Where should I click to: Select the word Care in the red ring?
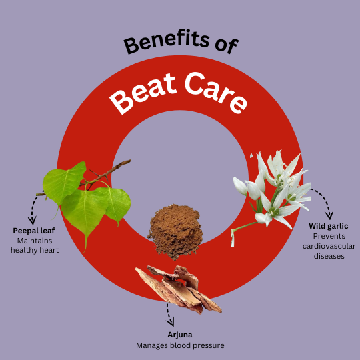pyautogui.click(x=217, y=92)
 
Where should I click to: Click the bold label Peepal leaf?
pyautogui.click(x=34, y=231)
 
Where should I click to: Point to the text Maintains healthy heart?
pyautogui.click(x=35, y=245)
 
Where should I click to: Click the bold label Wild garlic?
pyautogui.click(x=329, y=226)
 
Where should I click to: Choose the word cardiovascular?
pyautogui.click(x=329, y=246)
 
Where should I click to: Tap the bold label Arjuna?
pyautogui.click(x=180, y=335)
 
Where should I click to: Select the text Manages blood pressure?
pyautogui.click(x=180, y=345)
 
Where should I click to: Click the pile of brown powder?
pyautogui.click(x=175, y=231)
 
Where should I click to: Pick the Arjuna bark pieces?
pyautogui.click(x=179, y=289)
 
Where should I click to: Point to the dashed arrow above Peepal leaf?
pyautogui.click(x=33, y=208)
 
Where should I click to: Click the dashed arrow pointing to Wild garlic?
pyautogui.click(x=325, y=199)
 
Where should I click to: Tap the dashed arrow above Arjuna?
pyautogui.click(x=169, y=314)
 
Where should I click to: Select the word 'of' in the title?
pyautogui.click(x=227, y=45)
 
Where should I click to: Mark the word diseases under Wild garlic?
pyautogui.click(x=329, y=256)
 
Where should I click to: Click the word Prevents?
pyautogui.click(x=329, y=236)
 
